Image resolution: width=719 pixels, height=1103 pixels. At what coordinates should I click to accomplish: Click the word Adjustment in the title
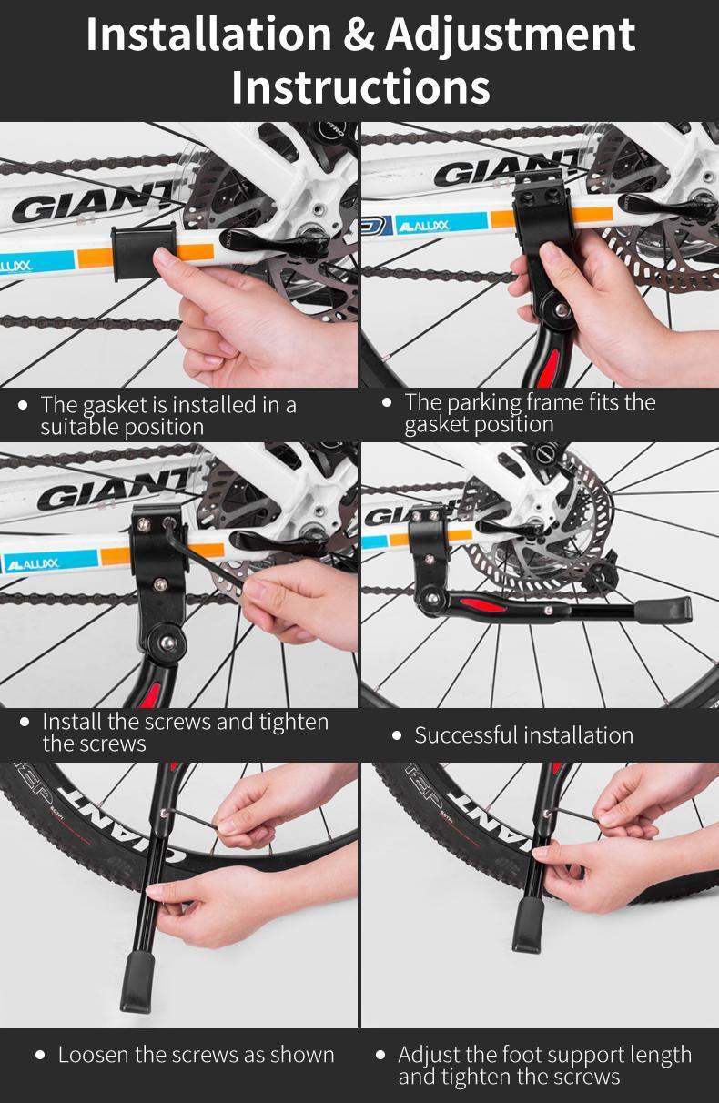click(x=510, y=35)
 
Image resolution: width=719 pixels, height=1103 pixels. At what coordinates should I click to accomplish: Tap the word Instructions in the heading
click(x=360, y=87)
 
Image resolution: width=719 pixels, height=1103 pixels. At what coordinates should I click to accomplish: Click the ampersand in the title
click(x=359, y=35)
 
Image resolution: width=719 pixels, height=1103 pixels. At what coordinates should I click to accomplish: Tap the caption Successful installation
click(x=523, y=735)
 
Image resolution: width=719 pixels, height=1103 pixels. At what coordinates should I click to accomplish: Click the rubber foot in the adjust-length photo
click(x=529, y=923)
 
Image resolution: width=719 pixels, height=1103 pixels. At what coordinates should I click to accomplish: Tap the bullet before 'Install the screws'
click(x=25, y=722)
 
